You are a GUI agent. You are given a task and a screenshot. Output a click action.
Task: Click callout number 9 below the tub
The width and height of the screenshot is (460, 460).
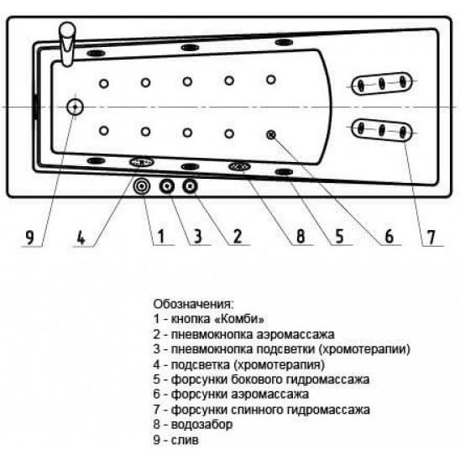click(29, 237)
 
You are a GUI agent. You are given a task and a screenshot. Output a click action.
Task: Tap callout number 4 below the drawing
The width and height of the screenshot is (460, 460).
click(81, 237)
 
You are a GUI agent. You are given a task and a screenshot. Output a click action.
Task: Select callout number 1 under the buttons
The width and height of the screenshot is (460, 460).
click(161, 236)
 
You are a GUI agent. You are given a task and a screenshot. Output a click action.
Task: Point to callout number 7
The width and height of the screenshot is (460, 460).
click(431, 238)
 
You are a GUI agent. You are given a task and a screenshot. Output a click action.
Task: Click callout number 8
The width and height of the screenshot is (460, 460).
click(301, 236)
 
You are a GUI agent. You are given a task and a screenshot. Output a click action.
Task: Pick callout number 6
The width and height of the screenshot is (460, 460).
click(389, 236)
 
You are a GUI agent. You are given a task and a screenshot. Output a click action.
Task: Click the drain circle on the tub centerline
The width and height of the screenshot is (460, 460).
click(75, 107)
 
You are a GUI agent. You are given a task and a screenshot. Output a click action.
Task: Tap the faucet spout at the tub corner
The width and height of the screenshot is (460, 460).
click(68, 44)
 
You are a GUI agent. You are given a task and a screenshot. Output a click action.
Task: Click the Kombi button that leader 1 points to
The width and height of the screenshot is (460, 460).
click(142, 186)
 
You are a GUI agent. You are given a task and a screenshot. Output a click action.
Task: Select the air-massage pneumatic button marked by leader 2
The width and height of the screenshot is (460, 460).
click(190, 186)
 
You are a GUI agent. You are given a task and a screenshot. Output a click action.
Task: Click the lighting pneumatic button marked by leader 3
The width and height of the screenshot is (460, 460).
click(167, 186)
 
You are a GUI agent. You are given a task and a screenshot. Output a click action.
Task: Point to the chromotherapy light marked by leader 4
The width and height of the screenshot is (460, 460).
click(142, 162)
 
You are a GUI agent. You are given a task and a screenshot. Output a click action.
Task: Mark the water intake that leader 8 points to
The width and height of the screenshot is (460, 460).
click(240, 167)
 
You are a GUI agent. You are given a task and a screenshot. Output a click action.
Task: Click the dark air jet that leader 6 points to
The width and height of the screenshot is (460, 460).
click(271, 135)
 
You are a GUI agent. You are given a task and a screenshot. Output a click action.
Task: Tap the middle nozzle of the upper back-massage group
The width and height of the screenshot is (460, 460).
click(382, 84)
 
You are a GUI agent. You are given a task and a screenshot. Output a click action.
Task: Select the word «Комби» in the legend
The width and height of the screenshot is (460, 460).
click(240, 319)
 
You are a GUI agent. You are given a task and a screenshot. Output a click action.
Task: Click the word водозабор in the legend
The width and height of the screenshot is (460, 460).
click(201, 425)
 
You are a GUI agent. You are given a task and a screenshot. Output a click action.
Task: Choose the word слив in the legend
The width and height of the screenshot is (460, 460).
click(185, 440)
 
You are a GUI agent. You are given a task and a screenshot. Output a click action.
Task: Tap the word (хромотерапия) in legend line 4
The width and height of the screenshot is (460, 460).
click(280, 364)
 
